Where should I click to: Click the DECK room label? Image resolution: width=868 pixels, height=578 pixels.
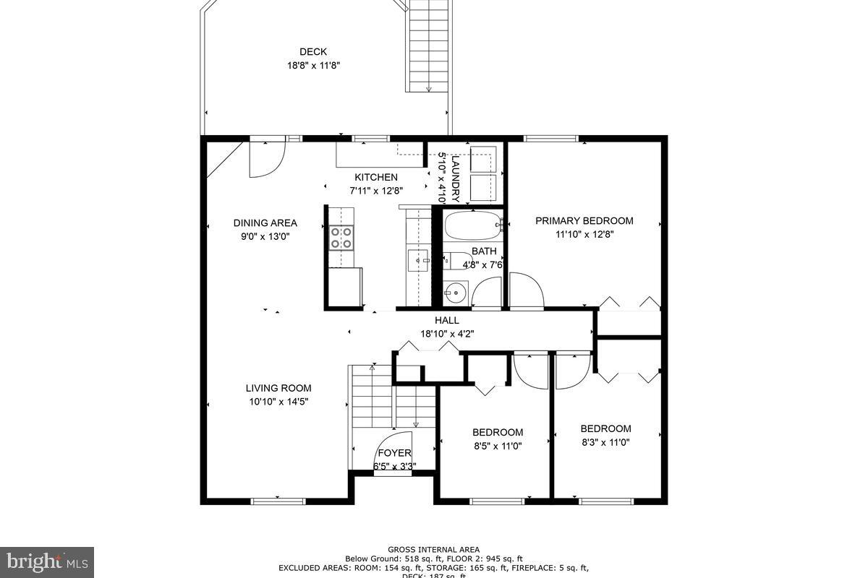click(x=312, y=51)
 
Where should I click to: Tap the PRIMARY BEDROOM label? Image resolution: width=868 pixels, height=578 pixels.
click(x=584, y=221)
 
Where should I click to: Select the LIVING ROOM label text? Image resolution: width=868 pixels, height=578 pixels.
click(x=278, y=388)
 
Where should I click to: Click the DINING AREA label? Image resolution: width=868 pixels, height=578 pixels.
click(x=265, y=223)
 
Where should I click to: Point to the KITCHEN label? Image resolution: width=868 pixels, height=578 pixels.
click(x=375, y=177)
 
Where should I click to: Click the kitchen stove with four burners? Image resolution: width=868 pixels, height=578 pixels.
click(x=341, y=238)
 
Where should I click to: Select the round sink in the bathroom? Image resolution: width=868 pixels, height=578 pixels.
click(x=455, y=293)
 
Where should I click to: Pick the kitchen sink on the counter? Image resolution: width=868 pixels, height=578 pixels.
click(x=417, y=260)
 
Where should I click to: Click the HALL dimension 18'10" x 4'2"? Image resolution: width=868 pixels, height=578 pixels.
click(x=447, y=334)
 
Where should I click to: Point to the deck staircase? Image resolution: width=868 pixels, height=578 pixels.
click(x=428, y=47)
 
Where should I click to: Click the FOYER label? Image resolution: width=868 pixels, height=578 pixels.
click(x=394, y=453)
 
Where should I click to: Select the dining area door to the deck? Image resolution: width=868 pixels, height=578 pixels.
click(x=266, y=159)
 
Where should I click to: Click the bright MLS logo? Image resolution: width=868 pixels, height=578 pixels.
click(x=47, y=561)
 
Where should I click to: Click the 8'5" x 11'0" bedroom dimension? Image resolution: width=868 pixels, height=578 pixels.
click(x=498, y=446)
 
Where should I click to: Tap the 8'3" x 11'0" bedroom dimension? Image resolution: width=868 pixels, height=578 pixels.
click(x=605, y=441)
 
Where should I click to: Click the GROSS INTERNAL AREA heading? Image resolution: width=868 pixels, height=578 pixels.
click(x=433, y=550)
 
